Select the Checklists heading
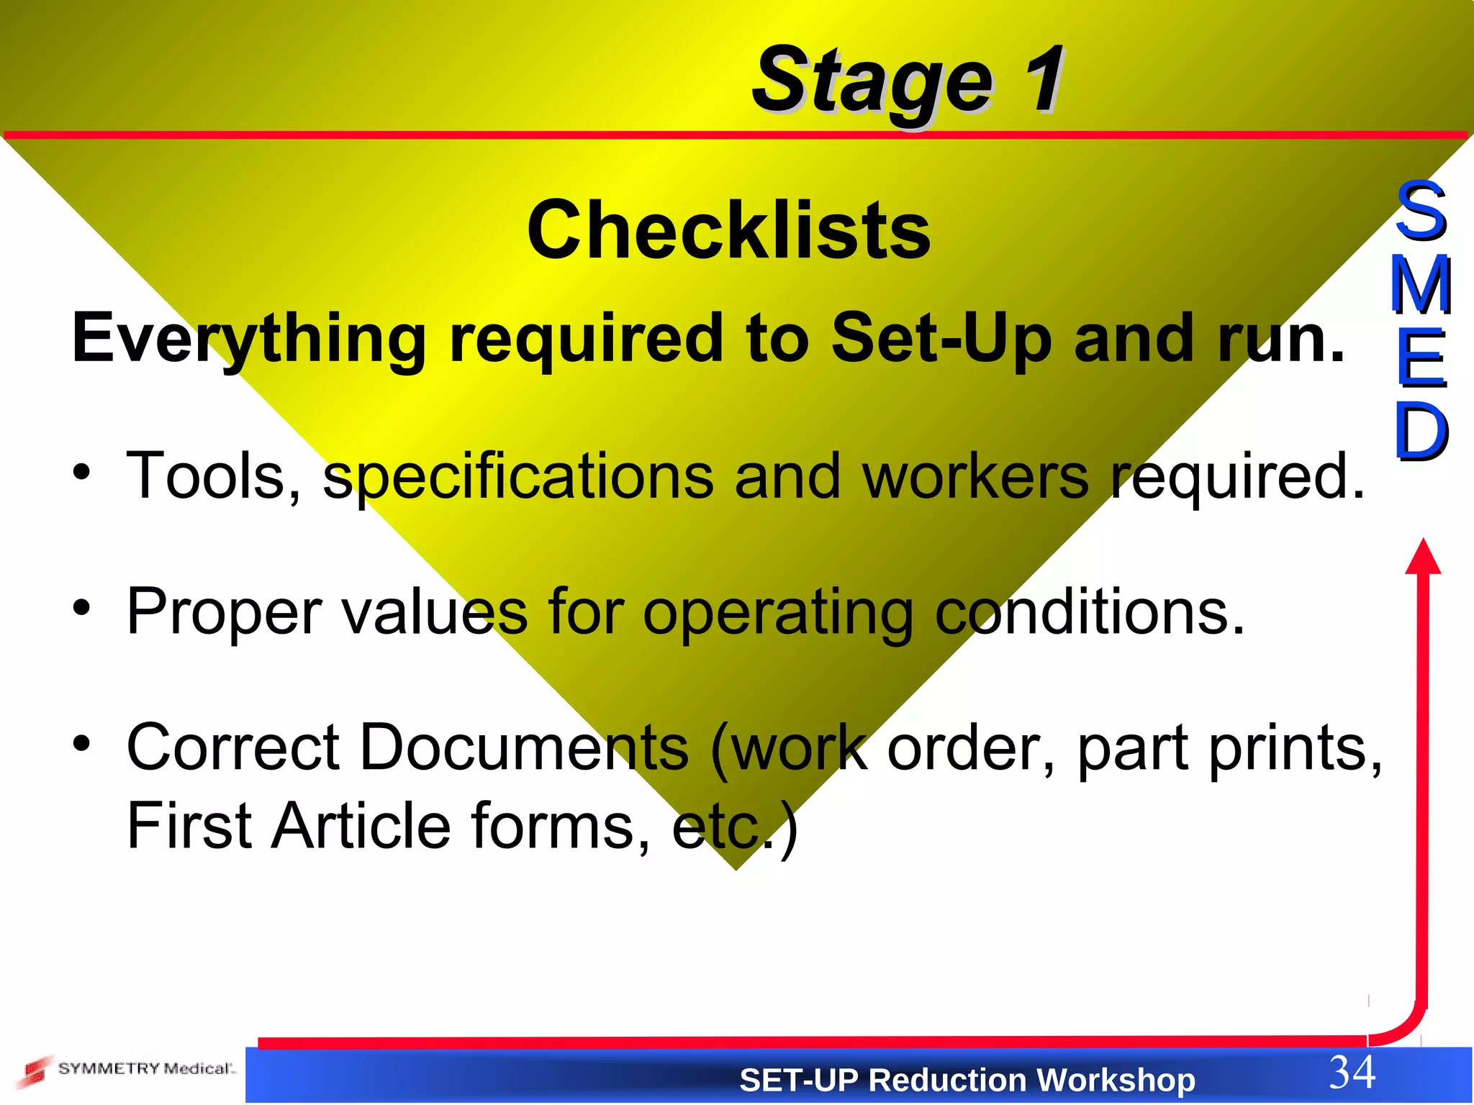tap(728, 230)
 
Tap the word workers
tap(975, 476)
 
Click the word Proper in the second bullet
tap(224, 613)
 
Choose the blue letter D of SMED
tap(1421, 432)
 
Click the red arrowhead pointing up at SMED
tap(1423, 557)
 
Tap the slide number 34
tap(1352, 1072)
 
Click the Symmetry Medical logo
tap(126, 1070)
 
